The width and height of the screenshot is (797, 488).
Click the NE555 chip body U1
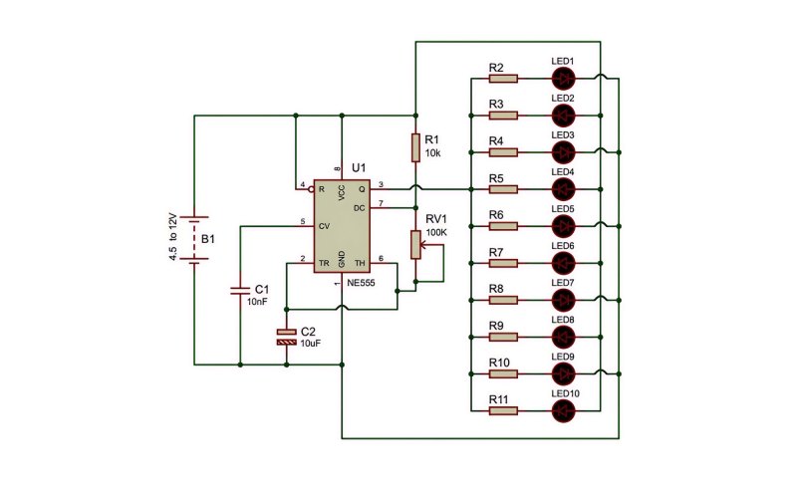[x=342, y=226]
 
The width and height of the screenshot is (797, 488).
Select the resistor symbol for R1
[x=415, y=148]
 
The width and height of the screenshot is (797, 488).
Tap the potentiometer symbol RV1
[x=416, y=245]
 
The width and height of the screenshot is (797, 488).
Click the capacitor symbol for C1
[x=240, y=291]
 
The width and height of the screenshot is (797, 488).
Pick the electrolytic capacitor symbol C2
[x=286, y=337]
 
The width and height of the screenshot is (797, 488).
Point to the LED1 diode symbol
[x=563, y=79]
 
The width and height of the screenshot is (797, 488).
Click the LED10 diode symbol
[x=563, y=410]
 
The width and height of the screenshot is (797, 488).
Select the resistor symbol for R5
[x=503, y=189]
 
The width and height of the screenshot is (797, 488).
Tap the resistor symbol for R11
[x=503, y=410]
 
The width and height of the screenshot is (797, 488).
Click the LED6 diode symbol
[x=563, y=263]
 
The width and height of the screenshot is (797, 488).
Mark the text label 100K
[x=436, y=232]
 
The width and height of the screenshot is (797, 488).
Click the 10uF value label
[x=311, y=344]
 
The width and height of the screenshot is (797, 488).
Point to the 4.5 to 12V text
[x=172, y=237]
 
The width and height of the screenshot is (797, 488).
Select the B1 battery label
[x=208, y=239]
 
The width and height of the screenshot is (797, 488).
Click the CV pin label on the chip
[x=324, y=226]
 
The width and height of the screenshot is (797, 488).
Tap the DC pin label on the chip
[x=359, y=208]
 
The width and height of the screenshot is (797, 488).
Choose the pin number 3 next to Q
[x=381, y=184]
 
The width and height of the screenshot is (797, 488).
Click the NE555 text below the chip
[x=361, y=283]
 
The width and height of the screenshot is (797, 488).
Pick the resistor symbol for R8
[x=503, y=300]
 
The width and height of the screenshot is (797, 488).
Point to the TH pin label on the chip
[x=360, y=263]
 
